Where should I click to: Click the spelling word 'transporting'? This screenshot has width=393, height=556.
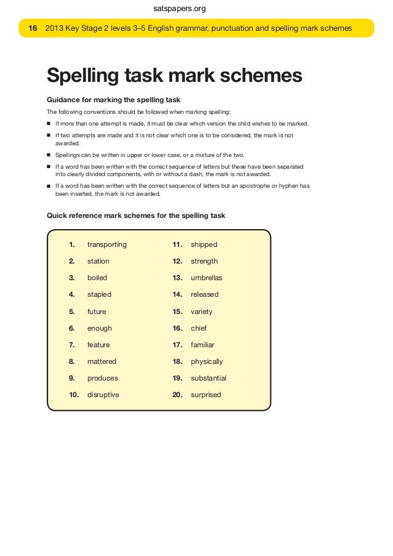pyautogui.click(x=107, y=244)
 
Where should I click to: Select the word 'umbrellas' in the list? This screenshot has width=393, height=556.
pyautogui.click(x=206, y=278)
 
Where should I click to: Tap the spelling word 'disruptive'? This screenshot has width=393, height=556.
pyautogui.click(x=103, y=395)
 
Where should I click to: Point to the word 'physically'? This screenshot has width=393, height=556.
pyautogui.click(x=206, y=361)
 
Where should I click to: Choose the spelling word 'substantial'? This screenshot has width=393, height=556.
pyautogui.click(x=208, y=378)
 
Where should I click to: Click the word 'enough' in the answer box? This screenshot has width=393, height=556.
pyautogui.click(x=99, y=328)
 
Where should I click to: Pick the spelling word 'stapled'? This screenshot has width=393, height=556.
pyautogui.click(x=99, y=294)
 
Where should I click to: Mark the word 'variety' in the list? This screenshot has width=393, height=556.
pyautogui.click(x=201, y=312)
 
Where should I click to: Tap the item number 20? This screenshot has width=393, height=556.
pyautogui.click(x=177, y=395)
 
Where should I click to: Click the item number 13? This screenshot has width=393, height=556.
pyautogui.click(x=177, y=278)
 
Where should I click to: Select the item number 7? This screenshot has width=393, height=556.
pyautogui.click(x=72, y=345)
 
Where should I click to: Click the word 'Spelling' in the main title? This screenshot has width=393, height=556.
pyautogui.click(x=84, y=76)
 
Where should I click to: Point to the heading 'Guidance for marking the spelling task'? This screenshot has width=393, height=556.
pyautogui.click(x=113, y=100)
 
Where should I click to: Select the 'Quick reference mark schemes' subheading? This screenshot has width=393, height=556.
pyautogui.click(x=136, y=216)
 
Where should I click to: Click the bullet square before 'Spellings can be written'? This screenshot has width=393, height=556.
pyautogui.click(x=49, y=155)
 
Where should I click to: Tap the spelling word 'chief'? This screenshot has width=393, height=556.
pyautogui.click(x=199, y=328)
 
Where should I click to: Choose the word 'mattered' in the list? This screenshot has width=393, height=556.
pyautogui.click(x=102, y=361)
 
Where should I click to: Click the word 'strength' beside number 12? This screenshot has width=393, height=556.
pyautogui.click(x=204, y=261)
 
